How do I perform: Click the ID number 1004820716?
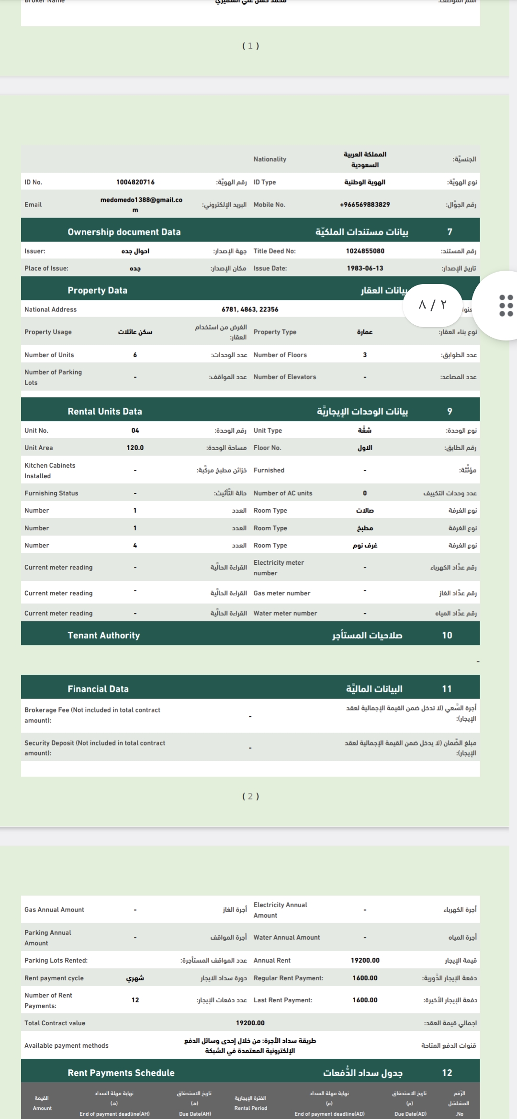click(x=135, y=182)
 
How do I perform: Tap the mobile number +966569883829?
click(x=365, y=205)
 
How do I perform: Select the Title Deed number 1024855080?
click(x=365, y=251)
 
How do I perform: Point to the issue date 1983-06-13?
click(x=365, y=268)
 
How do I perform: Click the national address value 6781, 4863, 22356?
click(x=250, y=309)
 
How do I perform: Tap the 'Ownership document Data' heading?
click(x=124, y=232)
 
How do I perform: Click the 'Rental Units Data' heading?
click(x=105, y=411)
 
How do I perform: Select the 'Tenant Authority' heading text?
click(x=103, y=635)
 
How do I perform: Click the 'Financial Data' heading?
click(x=98, y=689)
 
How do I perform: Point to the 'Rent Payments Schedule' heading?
click(x=121, y=1073)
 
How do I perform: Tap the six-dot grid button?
click(x=506, y=305)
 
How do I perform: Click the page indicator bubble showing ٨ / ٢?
click(x=432, y=305)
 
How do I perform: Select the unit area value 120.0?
click(x=135, y=448)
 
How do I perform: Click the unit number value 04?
click(x=135, y=430)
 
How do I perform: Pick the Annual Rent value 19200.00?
click(x=365, y=960)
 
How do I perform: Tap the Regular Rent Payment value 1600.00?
click(x=365, y=978)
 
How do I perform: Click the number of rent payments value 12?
click(x=135, y=1000)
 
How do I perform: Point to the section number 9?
click(x=450, y=411)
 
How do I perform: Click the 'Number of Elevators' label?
click(x=285, y=377)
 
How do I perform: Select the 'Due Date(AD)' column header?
click(x=410, y=1114)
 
